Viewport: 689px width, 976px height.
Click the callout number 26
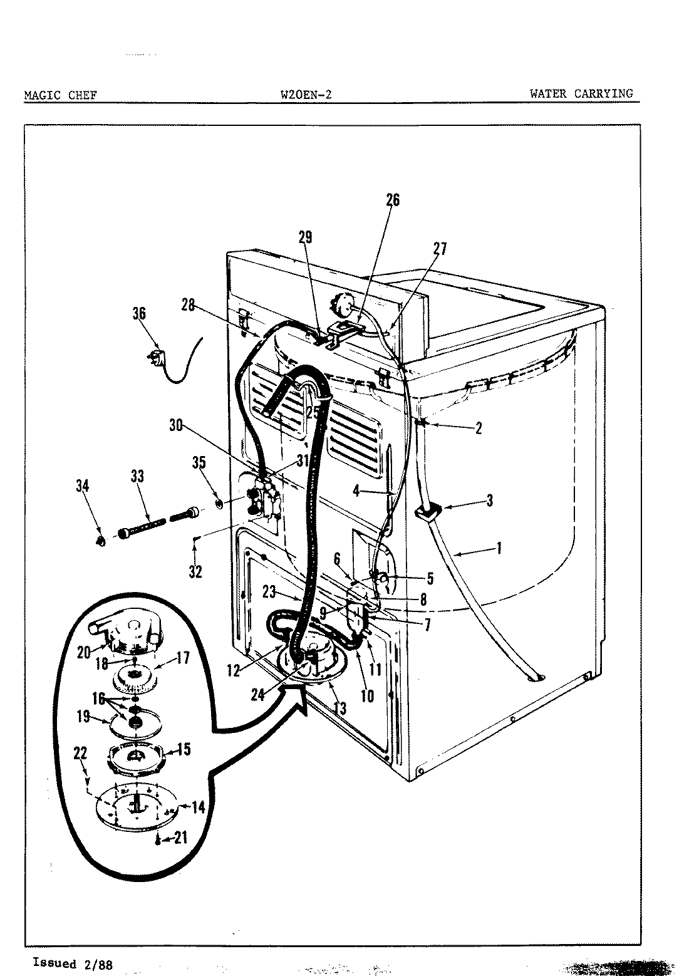point(392,200)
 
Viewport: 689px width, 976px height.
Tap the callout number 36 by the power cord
point(139,313)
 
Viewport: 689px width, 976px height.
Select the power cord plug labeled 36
point(156,361)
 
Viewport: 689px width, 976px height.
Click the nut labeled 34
point(101,541)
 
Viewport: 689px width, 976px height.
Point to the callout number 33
point(137,477)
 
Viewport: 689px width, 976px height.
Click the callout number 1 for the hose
point(499,549)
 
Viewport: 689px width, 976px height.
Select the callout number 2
point(479,428)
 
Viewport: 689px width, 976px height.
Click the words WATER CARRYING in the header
point(581,94)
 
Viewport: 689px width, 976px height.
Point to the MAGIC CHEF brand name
point(60,95)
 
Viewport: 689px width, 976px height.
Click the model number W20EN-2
point(306,95)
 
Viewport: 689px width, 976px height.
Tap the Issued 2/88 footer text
point(72,963)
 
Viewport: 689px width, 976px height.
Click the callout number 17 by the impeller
point(182,658)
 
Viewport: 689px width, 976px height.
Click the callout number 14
point(198,807)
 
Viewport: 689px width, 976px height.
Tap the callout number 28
point(188,306)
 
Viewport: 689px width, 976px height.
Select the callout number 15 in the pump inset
point(184,749)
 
